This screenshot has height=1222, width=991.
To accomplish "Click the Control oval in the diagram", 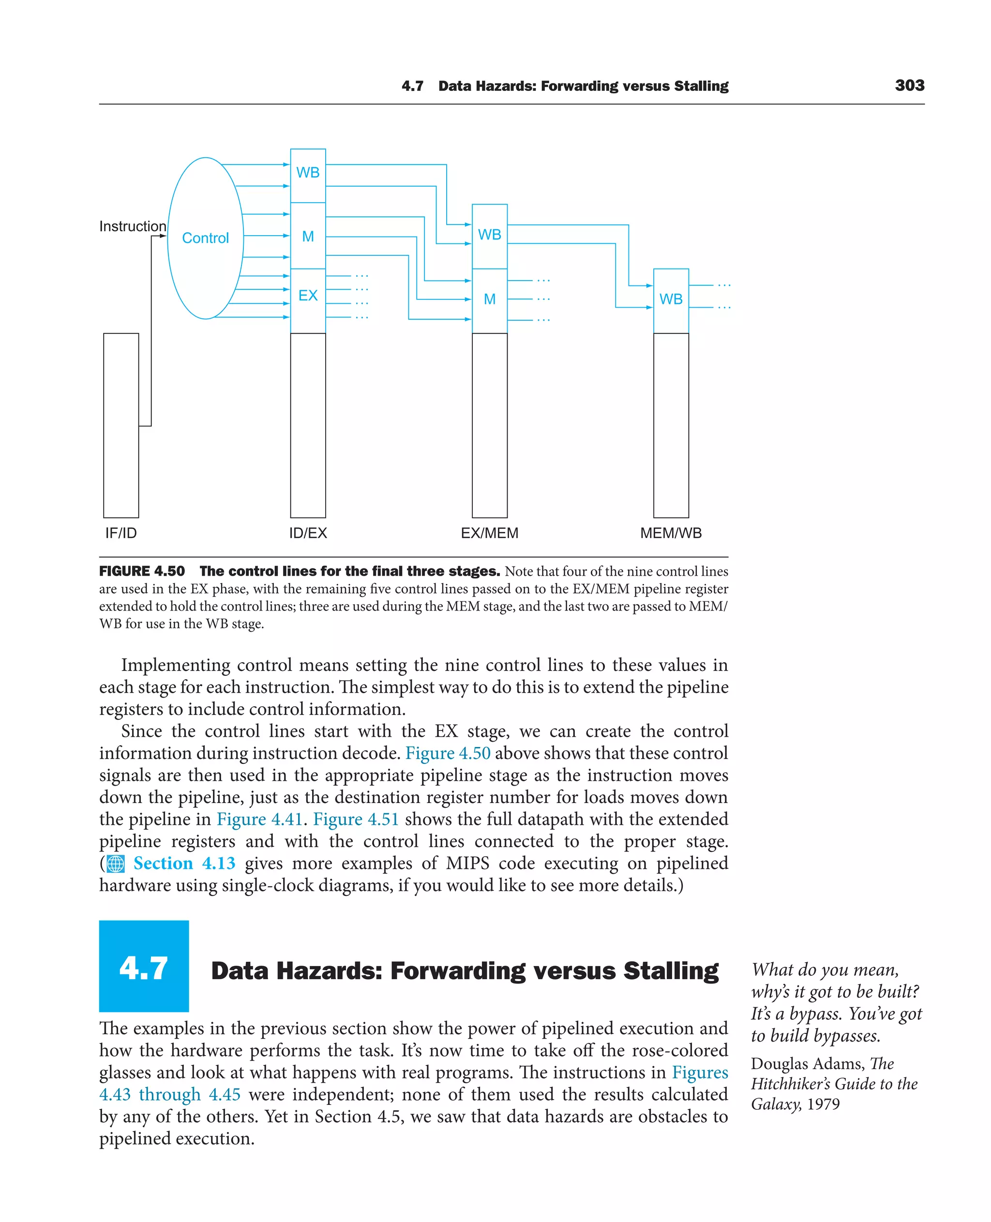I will click(205, 238).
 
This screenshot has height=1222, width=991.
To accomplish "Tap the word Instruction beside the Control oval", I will click(133, 226).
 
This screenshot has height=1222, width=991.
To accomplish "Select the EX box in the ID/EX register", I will click(308, 296).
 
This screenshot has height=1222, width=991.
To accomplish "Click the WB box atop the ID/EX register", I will click(308, 172).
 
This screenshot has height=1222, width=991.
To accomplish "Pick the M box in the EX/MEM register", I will click(489, 299).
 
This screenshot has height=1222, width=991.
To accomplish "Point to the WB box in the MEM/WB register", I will click(671, 299).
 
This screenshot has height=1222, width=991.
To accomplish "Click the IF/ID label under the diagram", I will click(121, 533).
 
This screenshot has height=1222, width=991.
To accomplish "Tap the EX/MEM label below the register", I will click(489, 533).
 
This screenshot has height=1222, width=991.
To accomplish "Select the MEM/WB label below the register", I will click(671, 533).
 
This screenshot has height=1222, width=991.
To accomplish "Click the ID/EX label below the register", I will click(308, 533).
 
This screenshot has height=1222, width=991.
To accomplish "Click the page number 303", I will click(909, 86).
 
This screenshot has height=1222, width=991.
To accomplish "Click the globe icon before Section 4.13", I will click(116, 864).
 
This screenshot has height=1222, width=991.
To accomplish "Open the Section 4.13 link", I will click(184, 863).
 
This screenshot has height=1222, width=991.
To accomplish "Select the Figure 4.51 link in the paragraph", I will click(356, 819).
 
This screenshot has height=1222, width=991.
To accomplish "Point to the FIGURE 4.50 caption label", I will click(142, 571).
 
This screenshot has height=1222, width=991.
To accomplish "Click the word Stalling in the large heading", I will click(671, 971).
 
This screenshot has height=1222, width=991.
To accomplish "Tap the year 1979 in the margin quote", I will click(823, 1104).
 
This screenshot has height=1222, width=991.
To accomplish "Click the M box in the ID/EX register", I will click(308, 236).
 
